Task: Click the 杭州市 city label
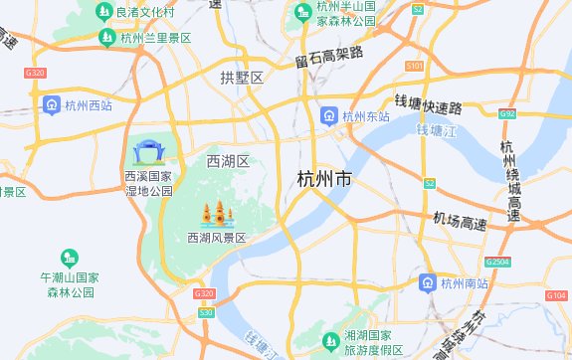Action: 324,180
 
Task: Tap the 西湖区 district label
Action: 227,161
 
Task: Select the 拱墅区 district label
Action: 242,77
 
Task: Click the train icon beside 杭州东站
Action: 328,117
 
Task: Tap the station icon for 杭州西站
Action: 51,104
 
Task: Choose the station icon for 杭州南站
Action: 427,282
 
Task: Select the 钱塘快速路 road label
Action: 429,105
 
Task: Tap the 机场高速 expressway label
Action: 460,221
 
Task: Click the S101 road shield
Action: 415,66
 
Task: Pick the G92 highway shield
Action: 508,114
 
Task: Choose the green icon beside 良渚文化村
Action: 104,12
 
